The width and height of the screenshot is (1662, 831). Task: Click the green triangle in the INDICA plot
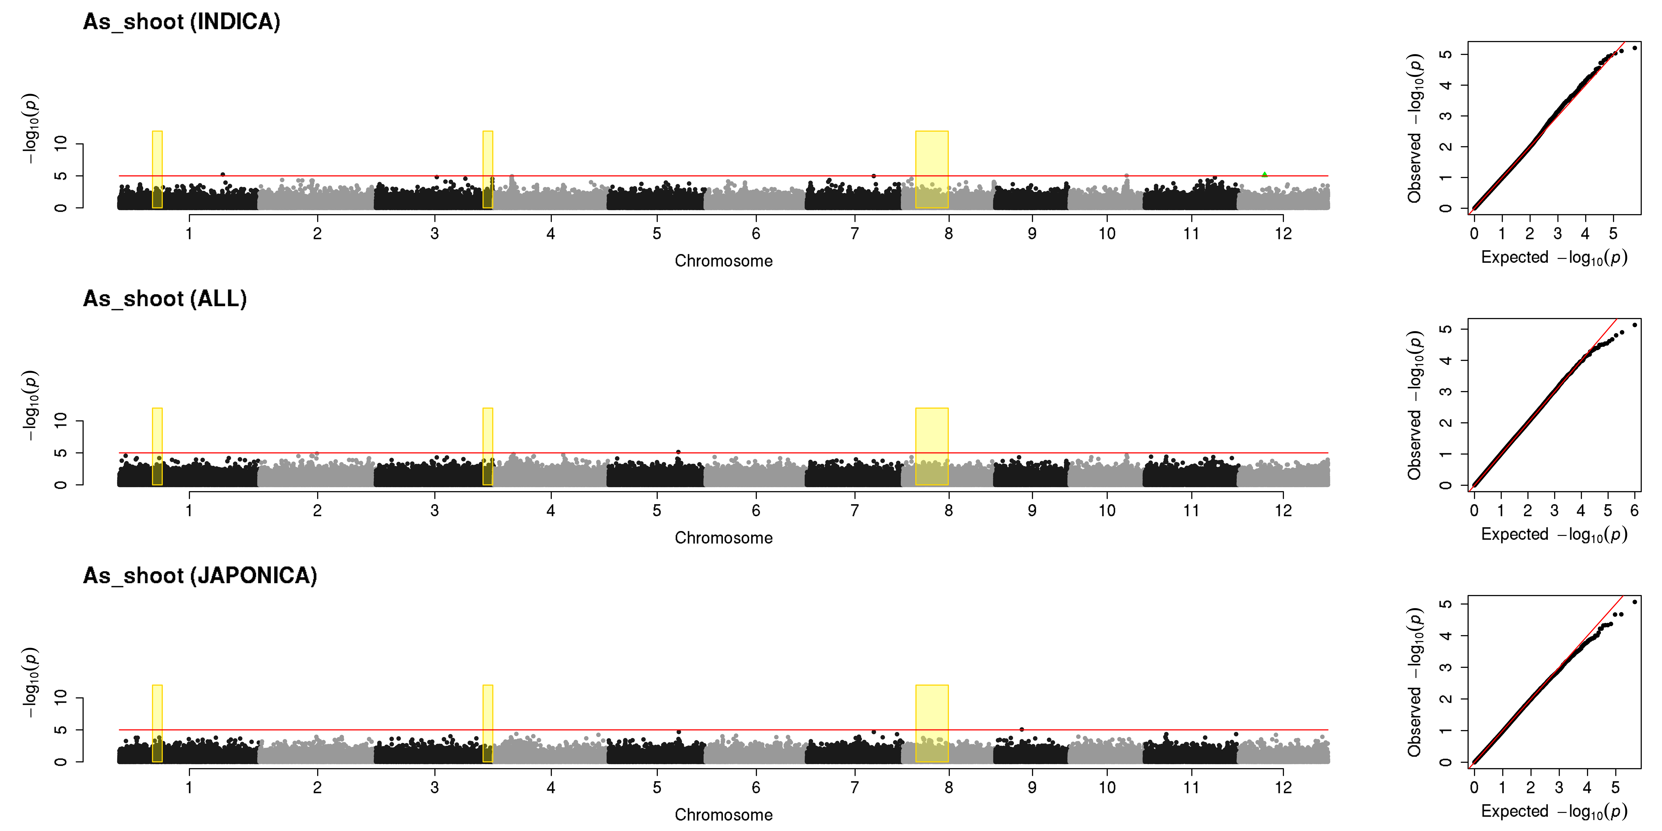1265,174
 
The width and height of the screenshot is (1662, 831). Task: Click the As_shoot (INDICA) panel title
182,22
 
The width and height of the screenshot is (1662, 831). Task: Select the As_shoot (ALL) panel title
165,299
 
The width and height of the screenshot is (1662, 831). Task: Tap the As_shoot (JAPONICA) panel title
200,575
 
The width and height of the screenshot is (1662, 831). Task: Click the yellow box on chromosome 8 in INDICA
932,170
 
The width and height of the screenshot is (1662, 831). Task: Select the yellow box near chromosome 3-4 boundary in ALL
488,446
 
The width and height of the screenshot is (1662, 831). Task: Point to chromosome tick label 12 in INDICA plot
1283,234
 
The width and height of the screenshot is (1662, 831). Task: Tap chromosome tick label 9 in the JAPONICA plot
1032,787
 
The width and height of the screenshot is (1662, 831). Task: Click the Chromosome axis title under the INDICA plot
723,261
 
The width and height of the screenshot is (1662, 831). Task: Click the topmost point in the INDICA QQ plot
1634,48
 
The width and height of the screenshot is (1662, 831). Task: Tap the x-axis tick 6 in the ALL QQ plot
1634,510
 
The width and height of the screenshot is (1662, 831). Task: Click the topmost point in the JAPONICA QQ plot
1634,602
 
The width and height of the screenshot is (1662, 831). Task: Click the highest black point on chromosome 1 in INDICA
223,174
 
